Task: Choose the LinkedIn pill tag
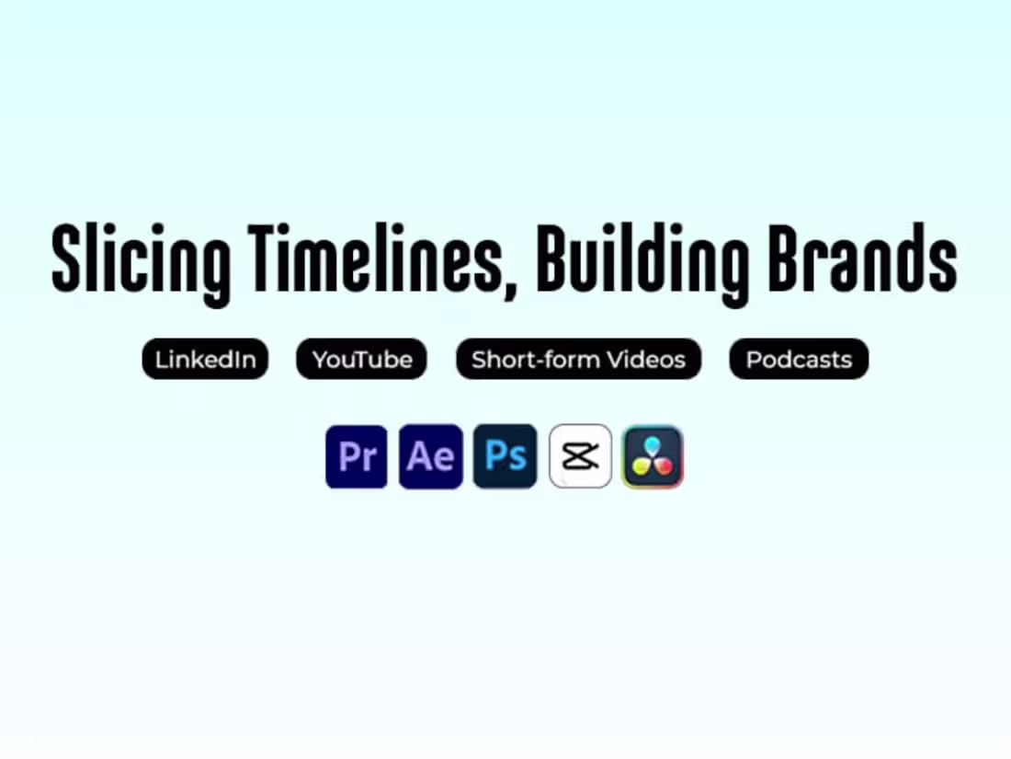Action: [x=205, y=359]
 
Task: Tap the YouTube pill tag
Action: [x=361, y=359]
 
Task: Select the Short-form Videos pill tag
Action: [x=578, y=359]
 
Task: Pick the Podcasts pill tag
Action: [x=799, y=359]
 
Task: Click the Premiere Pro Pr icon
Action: [x=357, y=456]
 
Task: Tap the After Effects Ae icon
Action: [x=430, y=456]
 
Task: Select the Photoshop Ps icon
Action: [x=505, y=456]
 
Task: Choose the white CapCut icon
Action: [x=580, y=456]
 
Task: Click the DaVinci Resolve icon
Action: [x=653, y=456]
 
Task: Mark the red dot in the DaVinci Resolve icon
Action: [x=665, y=466]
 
